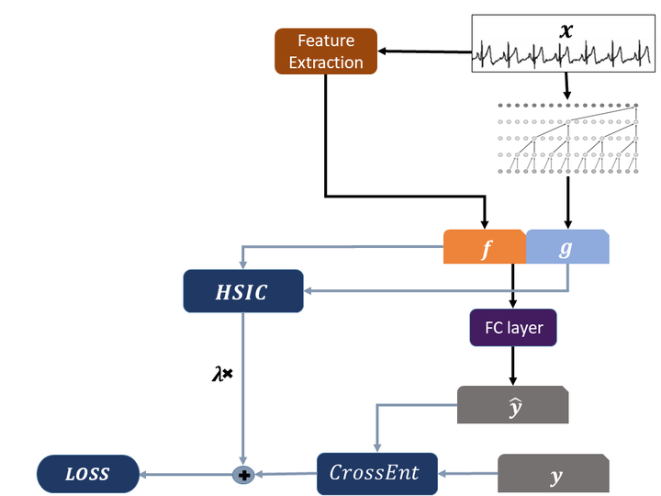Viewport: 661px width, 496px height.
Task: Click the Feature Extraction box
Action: [x=326, y=51]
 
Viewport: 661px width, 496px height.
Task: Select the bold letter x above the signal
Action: [x=566, y=29]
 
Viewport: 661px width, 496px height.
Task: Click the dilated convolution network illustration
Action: [x=567, y=138]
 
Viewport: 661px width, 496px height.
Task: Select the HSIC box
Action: [x=243, y=292]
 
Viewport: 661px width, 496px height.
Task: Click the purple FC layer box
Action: [x=513, y=328]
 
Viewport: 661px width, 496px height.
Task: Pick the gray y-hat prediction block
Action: [x=513, y=404]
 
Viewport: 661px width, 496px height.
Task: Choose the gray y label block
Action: [x=554, y=474]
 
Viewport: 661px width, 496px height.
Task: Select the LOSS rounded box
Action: [x=87, y=474]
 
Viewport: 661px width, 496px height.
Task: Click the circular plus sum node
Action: [x=243, y=475]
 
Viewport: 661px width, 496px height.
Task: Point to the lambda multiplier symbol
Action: [x=222, y=375]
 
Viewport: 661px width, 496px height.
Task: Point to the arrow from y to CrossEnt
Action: [x=468, y=474]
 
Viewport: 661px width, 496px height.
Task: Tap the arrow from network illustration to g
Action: [x=567, y=202]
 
